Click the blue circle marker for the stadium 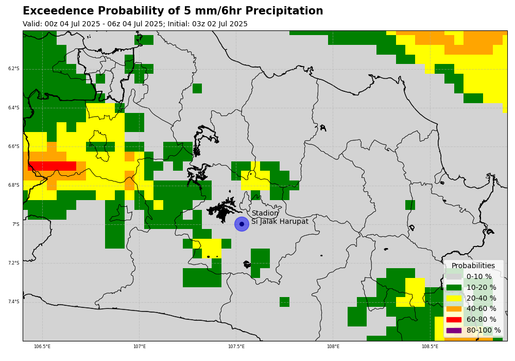pyautogui.click(x=242, y=224)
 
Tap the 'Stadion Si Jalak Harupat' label pyautogui.click(x=280, y=217)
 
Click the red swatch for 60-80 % pyautogui.click(x=454, y=320)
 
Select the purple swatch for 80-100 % pyautogui.click(x=454, y=331)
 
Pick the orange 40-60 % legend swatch pyautogui.click(x=454, y=309)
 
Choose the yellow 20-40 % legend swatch pyautogui.click(x=454, y=298)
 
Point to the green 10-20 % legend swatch pyautogui.click(x=454, y=287)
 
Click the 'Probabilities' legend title pyautogui.click(x=473, y=266)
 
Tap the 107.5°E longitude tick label pyautogui.click(x=236, y=346)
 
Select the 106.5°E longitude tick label pyautogui.click(x=42, y=346)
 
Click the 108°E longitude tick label pyautogui.click(x=333, y=346)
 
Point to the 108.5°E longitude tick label pyautogui.click(x=430, y=346)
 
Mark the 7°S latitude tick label pyautogui.click(x=16, y=224)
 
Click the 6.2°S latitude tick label pyautogui.click(x=14, y=69)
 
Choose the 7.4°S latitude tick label pyautogui.click(x=14, y=302)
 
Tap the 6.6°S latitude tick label pyautogui.click(x=14, y=146)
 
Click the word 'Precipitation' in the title pyautogui.click(x=284, y=11)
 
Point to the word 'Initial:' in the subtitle pyautogui.click(x=179, y=24)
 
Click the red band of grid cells pyautogui.click(x=52, y=166)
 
